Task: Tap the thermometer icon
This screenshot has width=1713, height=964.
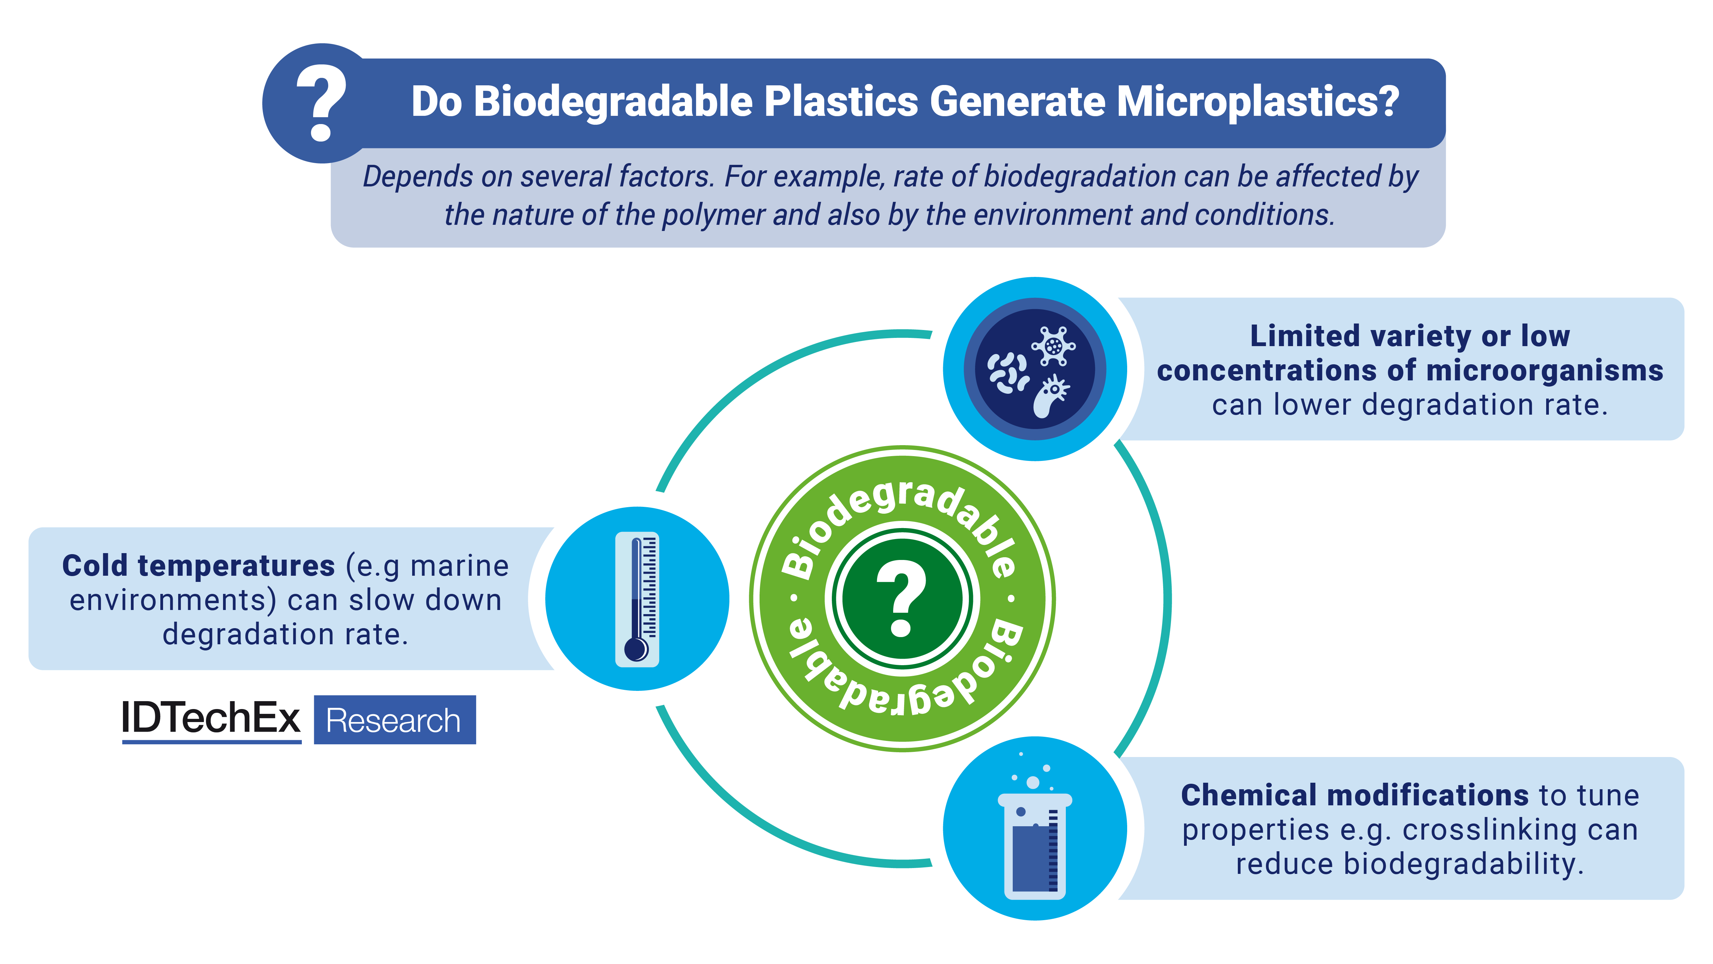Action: click(x=637, y=599)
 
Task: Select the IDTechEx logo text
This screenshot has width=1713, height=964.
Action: click(x=211, y=719)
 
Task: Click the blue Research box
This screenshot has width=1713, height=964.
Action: click(x=394, y=720)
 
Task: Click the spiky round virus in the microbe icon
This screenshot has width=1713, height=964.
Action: click(x=1053, y=345)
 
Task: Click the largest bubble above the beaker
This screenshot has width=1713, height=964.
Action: click(x=1033, y=782)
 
